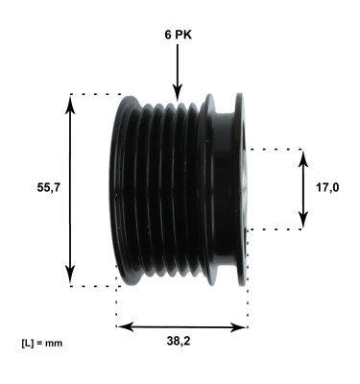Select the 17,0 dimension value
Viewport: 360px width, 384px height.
pyautogui.click(x=327, y=188)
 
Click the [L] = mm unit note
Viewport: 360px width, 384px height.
pyautogui.click(x=40, y=342)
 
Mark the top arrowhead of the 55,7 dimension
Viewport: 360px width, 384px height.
pyautogui.click(x=70, y=100)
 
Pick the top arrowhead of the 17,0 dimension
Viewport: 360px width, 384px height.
pyautogui.click(x=303, y=155)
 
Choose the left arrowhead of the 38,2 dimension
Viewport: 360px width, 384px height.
pyautogui.click(x=122, y=326)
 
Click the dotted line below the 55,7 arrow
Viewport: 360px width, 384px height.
pyautogui.click(x=92, y=286)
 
